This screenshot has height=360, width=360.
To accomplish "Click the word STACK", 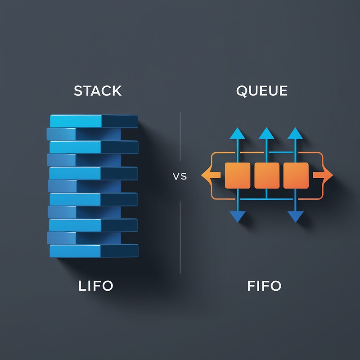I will click(98, 90).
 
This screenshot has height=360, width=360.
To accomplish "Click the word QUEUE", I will click(261, 90).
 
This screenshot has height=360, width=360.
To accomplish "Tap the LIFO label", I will click(95, 285).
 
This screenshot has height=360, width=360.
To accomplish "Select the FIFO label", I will click(264, 285).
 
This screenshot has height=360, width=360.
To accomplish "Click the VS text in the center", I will click(180, 176).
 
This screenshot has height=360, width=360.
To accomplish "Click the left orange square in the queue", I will click(237, 175).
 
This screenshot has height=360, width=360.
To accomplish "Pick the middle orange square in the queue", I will click(267, 175).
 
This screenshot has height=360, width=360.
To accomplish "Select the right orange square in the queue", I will click(296, 175).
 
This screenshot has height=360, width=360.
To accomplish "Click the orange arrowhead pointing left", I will click(207, 175).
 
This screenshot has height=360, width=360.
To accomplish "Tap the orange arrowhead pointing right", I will click(327, 175).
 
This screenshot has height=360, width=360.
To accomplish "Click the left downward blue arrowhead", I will click(237, 217).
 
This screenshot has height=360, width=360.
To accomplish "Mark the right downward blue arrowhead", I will click(295, 217).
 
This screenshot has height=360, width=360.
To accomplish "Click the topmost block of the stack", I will click(94, 121).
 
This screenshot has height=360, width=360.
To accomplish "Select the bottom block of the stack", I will click(94, 251).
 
